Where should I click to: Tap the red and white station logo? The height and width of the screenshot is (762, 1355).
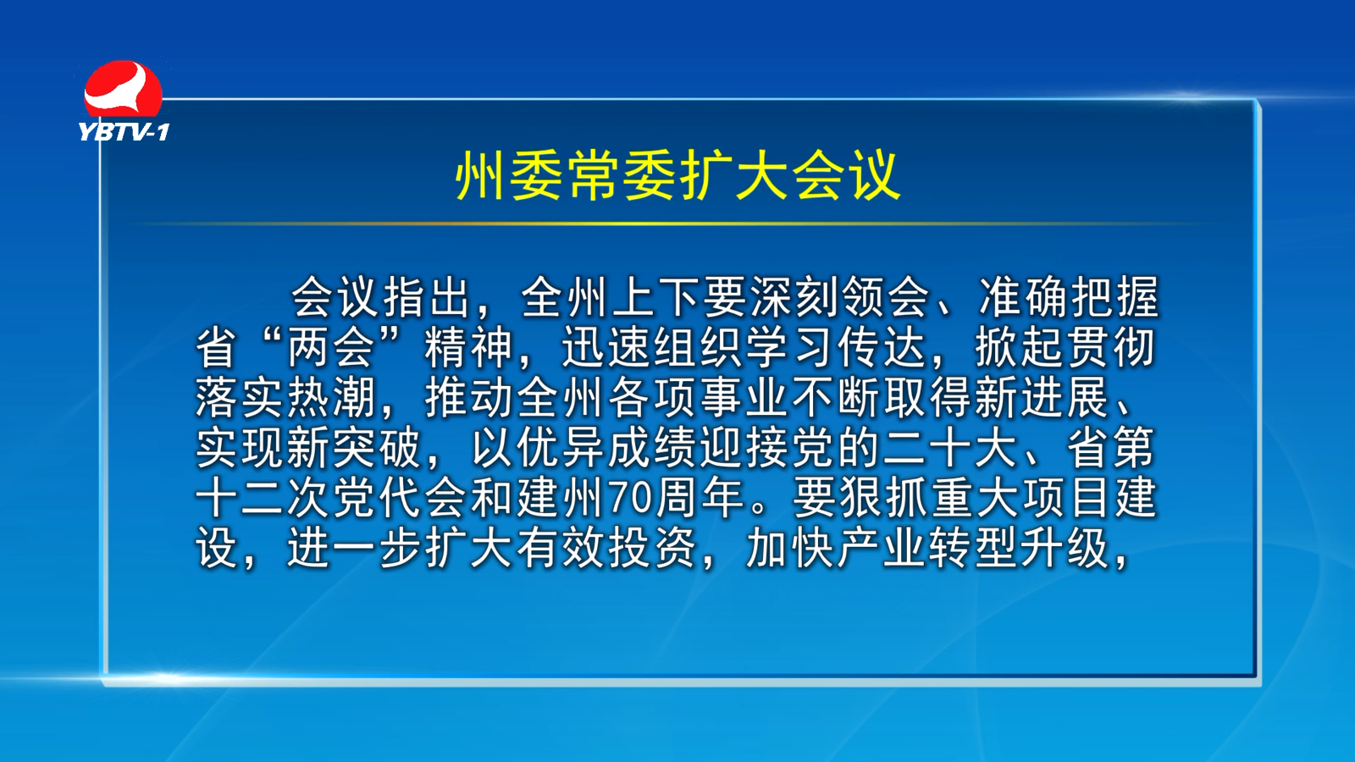124,90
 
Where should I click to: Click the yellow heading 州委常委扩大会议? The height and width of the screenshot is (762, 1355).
678,176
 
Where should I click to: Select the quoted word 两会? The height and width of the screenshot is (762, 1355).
331,347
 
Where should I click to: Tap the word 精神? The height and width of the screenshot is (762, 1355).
469,347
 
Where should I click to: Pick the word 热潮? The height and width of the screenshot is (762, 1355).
331,398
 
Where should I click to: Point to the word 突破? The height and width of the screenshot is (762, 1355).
377,448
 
